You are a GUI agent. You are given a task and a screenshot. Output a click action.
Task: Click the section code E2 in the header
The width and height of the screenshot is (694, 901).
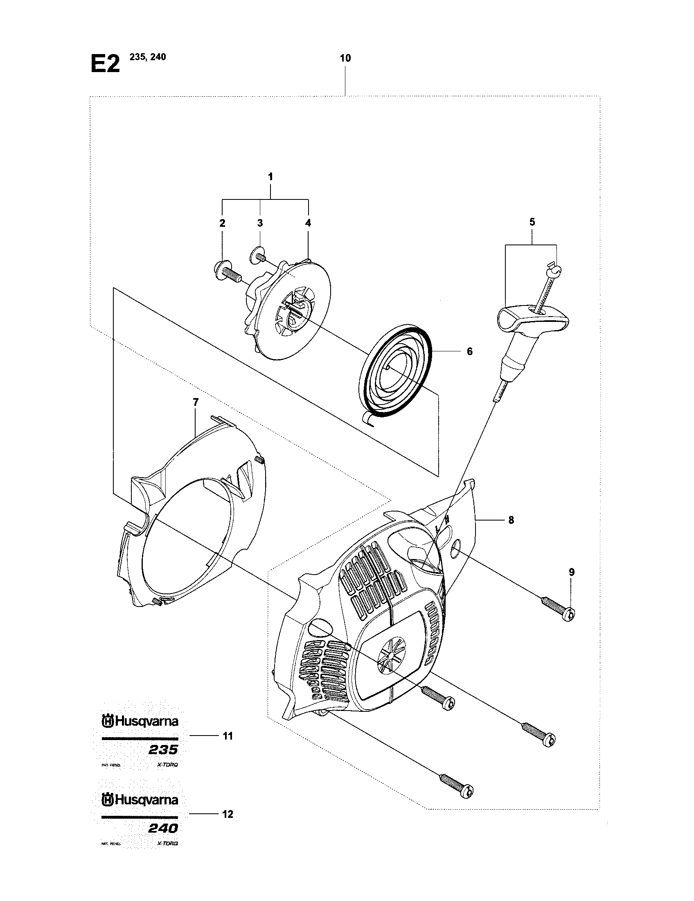click(x=105, y=64)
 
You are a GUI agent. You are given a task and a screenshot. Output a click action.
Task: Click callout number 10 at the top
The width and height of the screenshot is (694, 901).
click(x=345, y=58)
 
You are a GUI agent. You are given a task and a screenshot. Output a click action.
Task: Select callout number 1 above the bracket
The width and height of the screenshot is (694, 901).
click(x=270, y=177)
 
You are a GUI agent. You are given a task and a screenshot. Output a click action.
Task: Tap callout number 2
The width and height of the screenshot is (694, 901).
click(x=222, y=223)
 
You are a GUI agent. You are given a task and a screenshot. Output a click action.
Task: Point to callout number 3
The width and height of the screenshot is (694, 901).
click(x=260, y=223)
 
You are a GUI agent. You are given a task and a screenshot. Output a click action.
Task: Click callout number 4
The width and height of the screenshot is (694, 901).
click(x=308, y=223)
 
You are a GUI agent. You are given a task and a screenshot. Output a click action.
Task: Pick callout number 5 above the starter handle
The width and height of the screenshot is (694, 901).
click(x=532, y=222)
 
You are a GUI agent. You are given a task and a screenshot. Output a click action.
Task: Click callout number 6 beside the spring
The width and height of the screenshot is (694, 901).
click(x=469, y=351)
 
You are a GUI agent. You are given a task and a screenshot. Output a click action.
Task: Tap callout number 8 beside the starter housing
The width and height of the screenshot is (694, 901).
click(x=511, y=520)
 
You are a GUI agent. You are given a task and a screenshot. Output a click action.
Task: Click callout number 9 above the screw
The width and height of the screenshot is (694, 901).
click(x=571, y=572)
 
